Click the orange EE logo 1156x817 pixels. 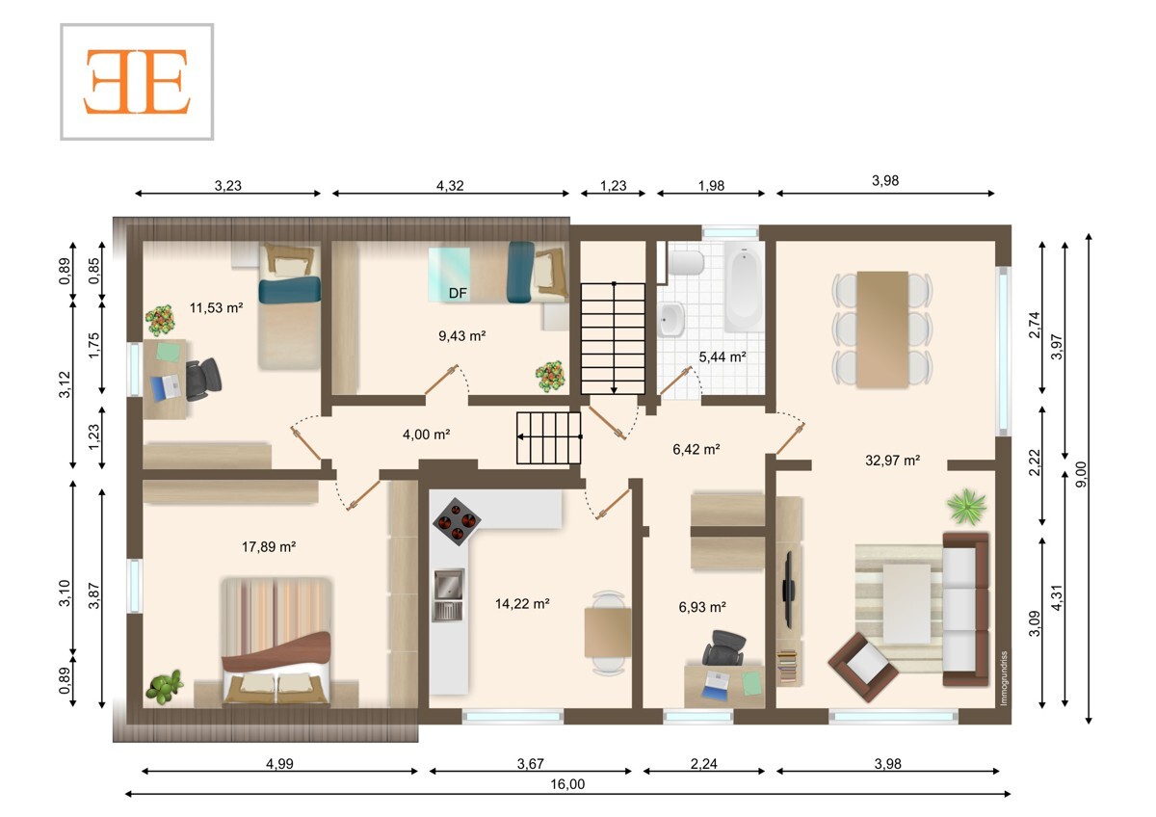coord(137,82)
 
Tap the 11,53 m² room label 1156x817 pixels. coord(216,308)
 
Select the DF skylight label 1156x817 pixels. coord(458,293)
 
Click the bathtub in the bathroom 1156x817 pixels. coord(744,287)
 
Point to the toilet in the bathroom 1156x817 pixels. coord(686,263)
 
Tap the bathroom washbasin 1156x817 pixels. coord(670,319)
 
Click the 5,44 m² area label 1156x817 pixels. coord(722,356)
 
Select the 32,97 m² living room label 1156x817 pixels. coord(892,460)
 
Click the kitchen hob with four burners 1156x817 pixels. coord(457,521)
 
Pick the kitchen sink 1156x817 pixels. coord(449,594)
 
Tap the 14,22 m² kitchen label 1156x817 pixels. coord(522,603)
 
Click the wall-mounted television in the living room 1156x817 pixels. coord(788,590)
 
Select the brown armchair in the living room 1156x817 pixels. coord(862,667)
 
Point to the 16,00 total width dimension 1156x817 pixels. coord(567,784)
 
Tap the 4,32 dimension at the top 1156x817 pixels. coord(450,185)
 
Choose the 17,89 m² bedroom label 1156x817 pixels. coord(269,546)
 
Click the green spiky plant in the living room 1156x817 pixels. coord(966,508)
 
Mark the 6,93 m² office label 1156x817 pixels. coord(702,607)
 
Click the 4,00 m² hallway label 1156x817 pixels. coord(426,435)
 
